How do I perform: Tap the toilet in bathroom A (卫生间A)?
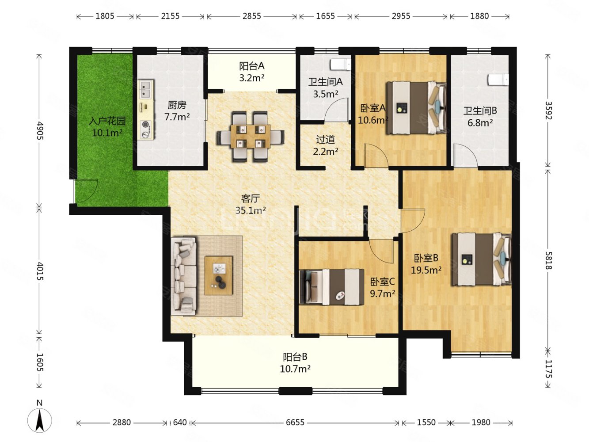coord(341,65)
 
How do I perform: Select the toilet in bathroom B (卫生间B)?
coord(498,80)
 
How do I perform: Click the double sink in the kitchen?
coord(146,90)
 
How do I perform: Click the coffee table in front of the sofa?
coord(218,276)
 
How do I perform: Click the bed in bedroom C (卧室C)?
coord(331,287)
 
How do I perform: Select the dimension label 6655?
coord(295,423)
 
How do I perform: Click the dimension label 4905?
coord(39,131)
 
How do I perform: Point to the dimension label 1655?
coord(325,16)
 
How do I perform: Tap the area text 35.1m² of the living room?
coord(251,210)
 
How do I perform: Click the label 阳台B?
coord(295,357)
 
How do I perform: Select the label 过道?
coord(326,140)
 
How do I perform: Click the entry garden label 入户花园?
coord(107,121)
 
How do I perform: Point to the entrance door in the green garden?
coord(86,191)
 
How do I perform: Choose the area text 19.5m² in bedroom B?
coord(426,270)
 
